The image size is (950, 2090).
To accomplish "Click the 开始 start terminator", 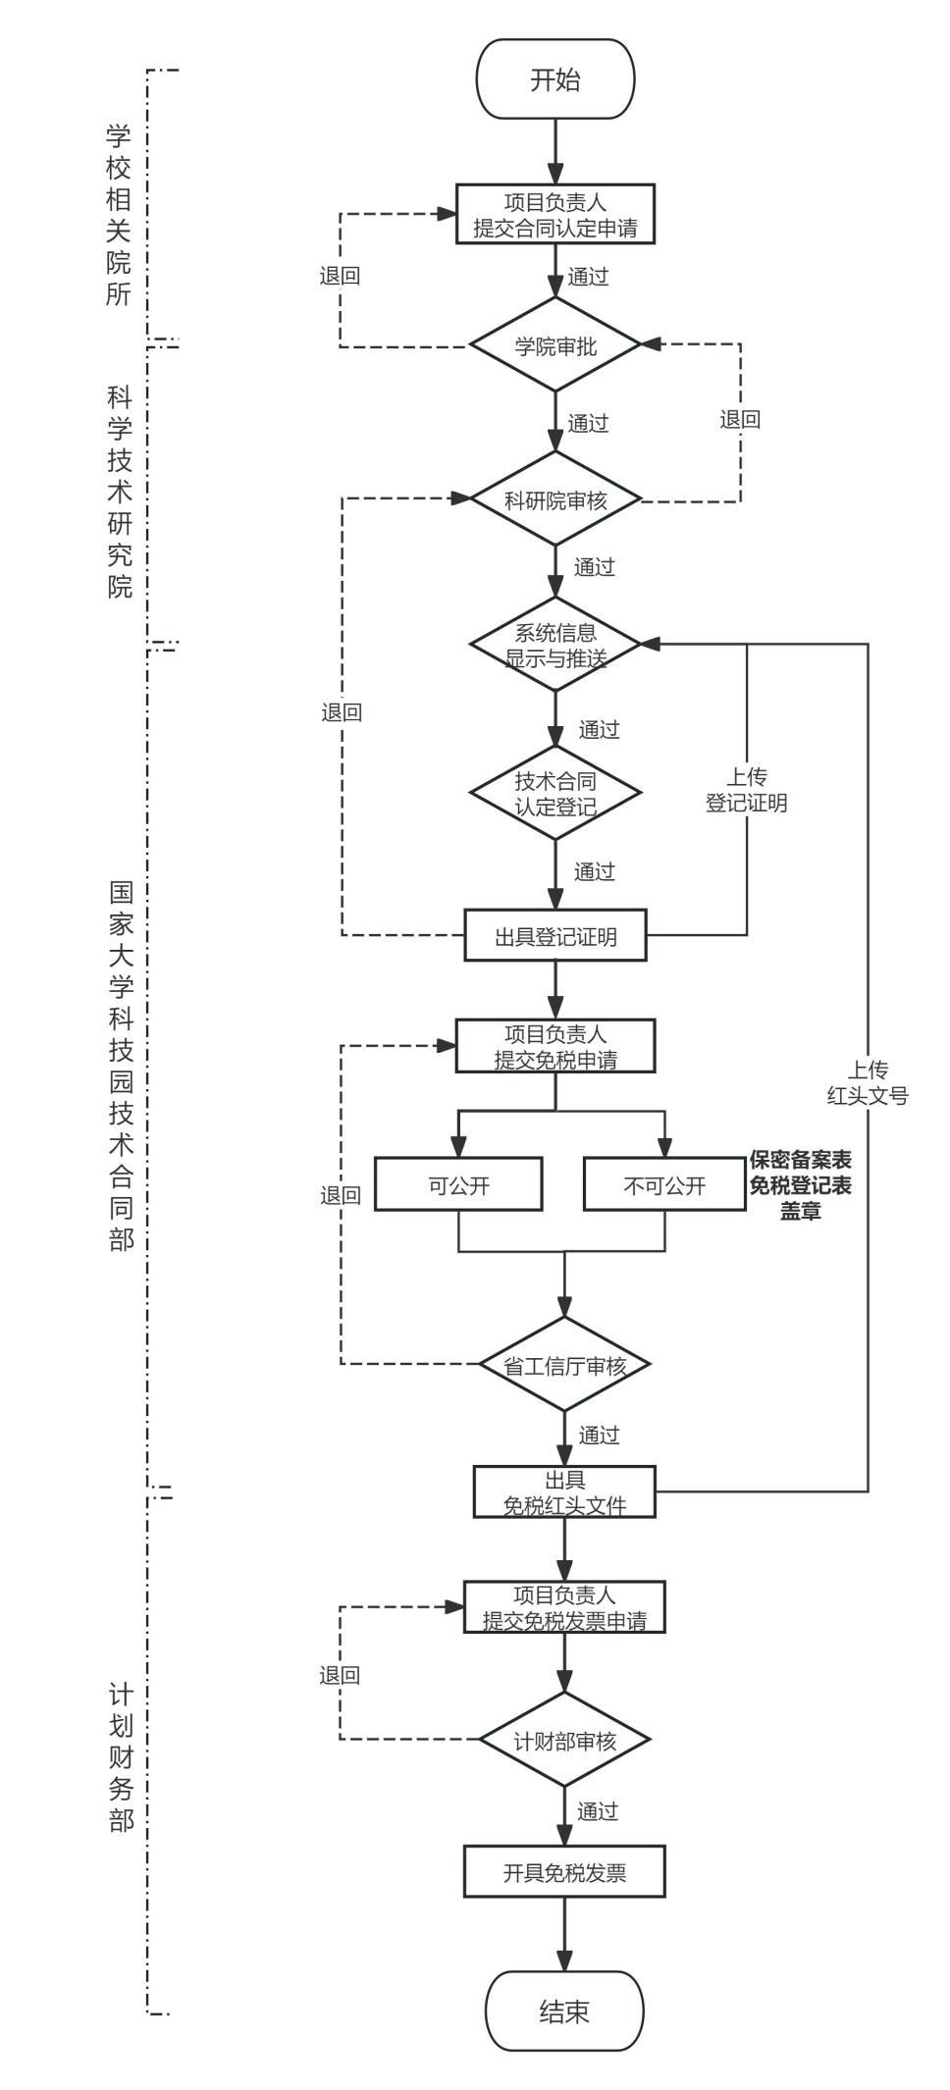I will click(x=555, y=79).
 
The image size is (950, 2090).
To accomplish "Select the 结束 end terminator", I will click(x=564, y=2011).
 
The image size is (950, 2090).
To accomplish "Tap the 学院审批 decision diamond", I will click(x=555, y=345).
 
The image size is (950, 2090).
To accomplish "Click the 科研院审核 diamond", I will click(x=555, y=499).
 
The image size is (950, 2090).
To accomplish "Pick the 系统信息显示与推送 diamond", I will click(x=555, y=645).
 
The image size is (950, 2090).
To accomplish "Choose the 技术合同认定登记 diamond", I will click(x=555, y=793).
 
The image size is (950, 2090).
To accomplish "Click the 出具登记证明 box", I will click(x=555, y=936).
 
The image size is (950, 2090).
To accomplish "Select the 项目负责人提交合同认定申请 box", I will click(x=555, y=215).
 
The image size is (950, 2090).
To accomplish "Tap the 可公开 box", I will click(x=458, y=1184).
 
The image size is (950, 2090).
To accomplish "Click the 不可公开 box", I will click(x=664, y=1184).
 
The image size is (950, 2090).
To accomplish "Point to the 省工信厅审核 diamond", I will click(x=564, y=1365).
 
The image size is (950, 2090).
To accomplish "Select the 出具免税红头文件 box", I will click(x=564, y=1491).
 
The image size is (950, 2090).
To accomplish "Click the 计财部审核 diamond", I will click(x=564, y=1741).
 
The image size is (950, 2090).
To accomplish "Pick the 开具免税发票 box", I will click(x=564, y=1872).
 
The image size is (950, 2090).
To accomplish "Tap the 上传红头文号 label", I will click(x=868, y=1082).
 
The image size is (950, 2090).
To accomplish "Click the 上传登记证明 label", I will click(x=747, y=790).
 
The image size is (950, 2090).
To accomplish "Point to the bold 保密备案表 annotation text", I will click(x=801, y=1160).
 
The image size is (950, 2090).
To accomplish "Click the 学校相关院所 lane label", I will click(x=119, y=214).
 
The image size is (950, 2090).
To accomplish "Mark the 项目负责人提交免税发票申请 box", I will click(x=564, y=1607).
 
